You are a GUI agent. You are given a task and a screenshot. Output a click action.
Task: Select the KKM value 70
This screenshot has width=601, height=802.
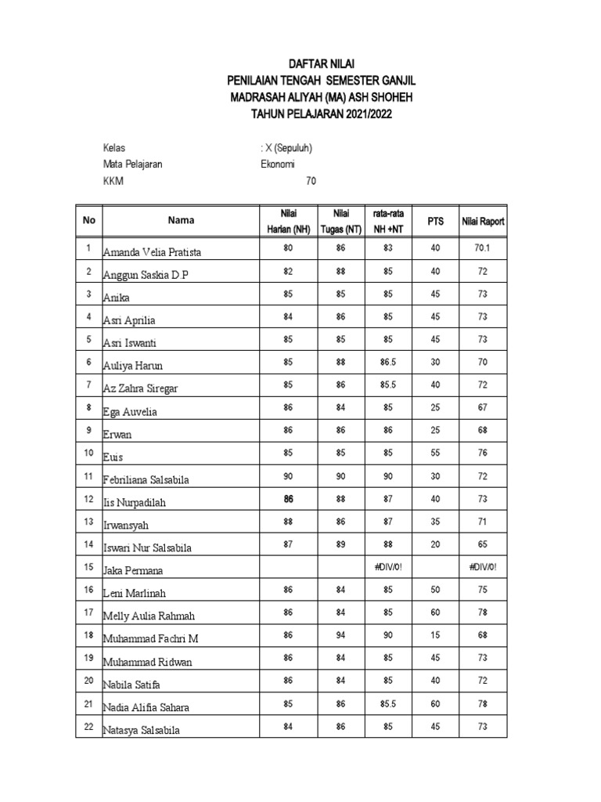pyautogui.click(x=311, y=182)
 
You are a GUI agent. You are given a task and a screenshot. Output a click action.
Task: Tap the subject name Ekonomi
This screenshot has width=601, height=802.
pyautogui.click(x=278, y=164)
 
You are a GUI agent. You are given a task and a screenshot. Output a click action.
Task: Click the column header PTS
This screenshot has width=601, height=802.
pyautogui.click(x=435, y=221)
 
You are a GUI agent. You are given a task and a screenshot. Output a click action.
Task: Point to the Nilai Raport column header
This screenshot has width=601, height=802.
pyautogui.click(x=483, y=222)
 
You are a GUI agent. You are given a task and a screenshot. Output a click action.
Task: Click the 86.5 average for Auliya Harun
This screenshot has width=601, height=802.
pyautogui.click(x=388, y=362)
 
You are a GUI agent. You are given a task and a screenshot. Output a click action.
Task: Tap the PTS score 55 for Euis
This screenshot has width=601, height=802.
pyautogui.click(x=435, y=453)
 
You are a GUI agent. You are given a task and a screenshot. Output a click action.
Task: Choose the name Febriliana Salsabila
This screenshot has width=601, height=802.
pyautogui.click(x=157, y=479)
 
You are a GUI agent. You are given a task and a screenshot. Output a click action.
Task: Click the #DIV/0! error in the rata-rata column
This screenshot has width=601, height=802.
pyautogui.click(x=388, y=566)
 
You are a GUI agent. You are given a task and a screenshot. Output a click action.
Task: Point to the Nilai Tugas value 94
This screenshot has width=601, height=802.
pyautogui.click(x=341, y=635)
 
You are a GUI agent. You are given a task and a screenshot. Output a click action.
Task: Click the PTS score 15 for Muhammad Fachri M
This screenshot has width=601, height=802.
pyautogui.click(x=435, y=635)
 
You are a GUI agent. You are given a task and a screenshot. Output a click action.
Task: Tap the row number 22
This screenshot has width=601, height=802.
pyautogui.click(x=89, y=726)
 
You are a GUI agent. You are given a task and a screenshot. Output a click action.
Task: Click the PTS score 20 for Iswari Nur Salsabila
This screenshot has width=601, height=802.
pyautogui.click(x=435, y=544)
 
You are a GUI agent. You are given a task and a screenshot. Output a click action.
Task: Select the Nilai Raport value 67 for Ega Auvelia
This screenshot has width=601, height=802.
pyautogui.click(x=483, y=407)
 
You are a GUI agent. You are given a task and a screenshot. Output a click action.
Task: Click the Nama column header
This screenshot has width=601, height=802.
pyautogui.click(x=181, y=221)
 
